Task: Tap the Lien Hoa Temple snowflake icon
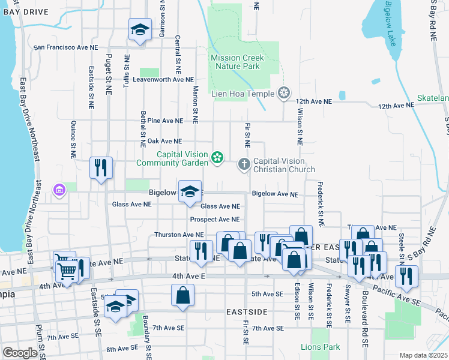pos(283,93)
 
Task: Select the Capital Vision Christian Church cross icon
pos(244,163)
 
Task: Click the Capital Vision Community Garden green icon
pos(217,158)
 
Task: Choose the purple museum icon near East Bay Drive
pos(59,191)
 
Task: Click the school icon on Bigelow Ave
pos(190,192)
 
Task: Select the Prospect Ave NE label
pos(214,220)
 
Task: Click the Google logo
pos(20,352)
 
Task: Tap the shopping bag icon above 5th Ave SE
pos(182,296)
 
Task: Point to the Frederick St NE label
pos(321,204)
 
